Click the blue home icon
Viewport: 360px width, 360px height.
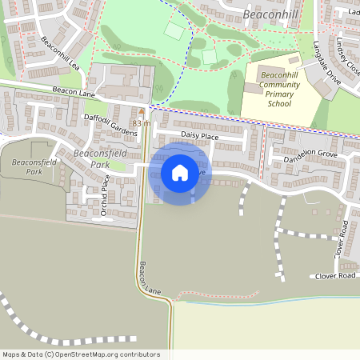(x=180, y=173)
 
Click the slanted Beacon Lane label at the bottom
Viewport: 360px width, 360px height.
(x=150, y=279)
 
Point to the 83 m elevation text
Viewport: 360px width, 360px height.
(x=142, y=123)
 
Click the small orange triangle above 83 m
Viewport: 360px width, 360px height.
(x=142, y=111)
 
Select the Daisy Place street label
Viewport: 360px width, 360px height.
(x=199, y=137)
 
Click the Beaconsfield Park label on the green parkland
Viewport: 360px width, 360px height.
(x=34, y=166)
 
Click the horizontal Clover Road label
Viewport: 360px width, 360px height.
(x=334, y=275)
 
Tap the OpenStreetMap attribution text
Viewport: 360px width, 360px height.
(x=80, y=354)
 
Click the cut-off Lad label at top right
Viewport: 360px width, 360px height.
(x=353, y=12)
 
